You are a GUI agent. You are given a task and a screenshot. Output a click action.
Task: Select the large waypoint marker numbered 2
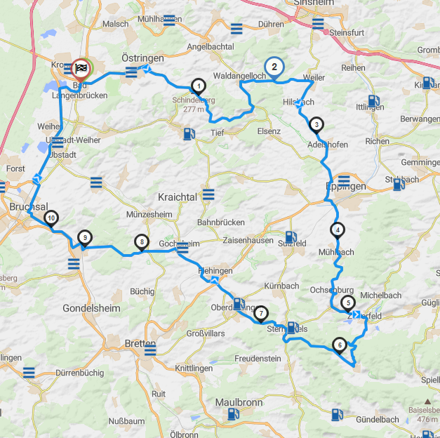274,67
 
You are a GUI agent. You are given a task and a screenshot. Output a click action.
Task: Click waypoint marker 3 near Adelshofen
316,125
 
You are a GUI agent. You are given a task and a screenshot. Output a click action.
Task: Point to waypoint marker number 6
340,345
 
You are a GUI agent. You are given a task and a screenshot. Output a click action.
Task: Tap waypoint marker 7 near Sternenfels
260,313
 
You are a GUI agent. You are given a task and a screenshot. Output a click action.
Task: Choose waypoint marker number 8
142,242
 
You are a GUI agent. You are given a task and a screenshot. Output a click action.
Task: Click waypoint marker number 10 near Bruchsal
51,218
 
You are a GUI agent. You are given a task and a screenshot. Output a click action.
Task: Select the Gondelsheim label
91,308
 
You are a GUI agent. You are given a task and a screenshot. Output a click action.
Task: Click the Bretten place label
140,343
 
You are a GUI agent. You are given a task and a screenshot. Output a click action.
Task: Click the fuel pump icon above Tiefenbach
187,133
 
